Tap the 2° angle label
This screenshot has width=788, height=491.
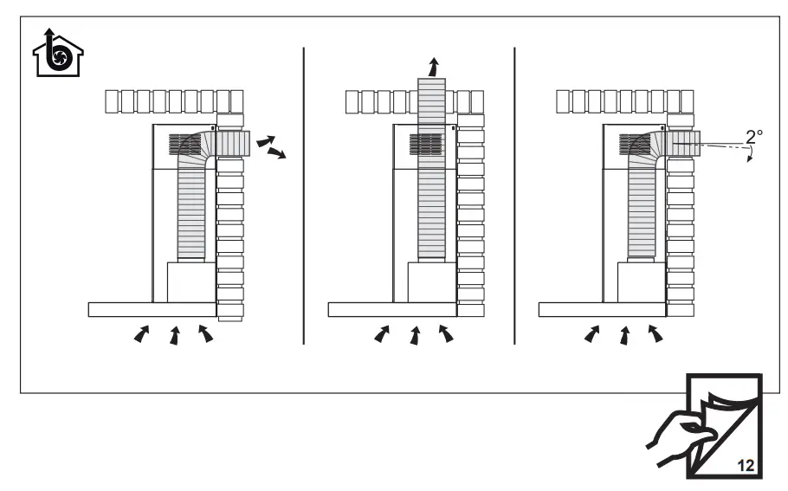click(754, 136)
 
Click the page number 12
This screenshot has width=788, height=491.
click(744, 465)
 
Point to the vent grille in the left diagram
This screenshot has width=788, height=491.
click(184, 144)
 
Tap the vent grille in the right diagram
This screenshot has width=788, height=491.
click(636, 144)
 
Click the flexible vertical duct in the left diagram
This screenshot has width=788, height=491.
click(191, 208)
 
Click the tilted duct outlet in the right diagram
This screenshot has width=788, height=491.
click(684, 144)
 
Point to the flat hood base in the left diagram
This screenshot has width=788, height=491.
click(152, 309)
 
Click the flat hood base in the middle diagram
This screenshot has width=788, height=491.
click(392, 309)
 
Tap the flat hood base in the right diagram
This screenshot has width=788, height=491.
click(603, 309)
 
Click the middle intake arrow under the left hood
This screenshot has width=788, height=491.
click(175, 334)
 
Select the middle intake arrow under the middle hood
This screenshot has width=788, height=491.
click(415, 334)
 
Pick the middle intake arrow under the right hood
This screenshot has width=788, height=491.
click(624, 334)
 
